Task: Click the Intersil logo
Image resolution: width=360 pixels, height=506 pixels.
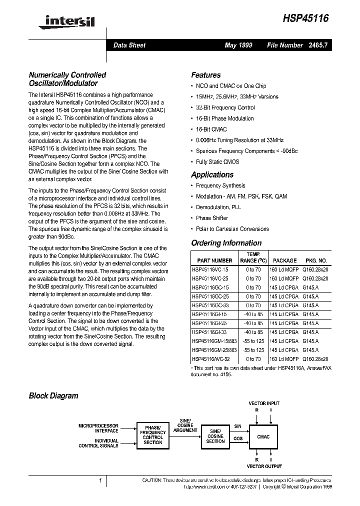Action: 68,21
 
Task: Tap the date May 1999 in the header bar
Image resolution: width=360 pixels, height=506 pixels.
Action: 238,45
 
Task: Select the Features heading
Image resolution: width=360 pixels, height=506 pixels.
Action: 205,75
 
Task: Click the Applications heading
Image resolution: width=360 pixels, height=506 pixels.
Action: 212,174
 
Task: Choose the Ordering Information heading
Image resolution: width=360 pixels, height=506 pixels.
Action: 226,243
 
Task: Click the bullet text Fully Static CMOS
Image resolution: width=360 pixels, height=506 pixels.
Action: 217,161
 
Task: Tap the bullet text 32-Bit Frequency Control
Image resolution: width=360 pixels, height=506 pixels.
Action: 225,107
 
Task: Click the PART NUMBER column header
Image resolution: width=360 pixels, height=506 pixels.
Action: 214,260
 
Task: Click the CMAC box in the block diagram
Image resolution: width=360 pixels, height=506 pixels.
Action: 263,437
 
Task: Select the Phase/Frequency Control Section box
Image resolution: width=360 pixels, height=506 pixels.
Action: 153,435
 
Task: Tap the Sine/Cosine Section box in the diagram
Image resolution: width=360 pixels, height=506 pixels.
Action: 215,436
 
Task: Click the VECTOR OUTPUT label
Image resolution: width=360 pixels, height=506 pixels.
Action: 263,465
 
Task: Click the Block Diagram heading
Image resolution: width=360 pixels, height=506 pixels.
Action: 53,395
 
